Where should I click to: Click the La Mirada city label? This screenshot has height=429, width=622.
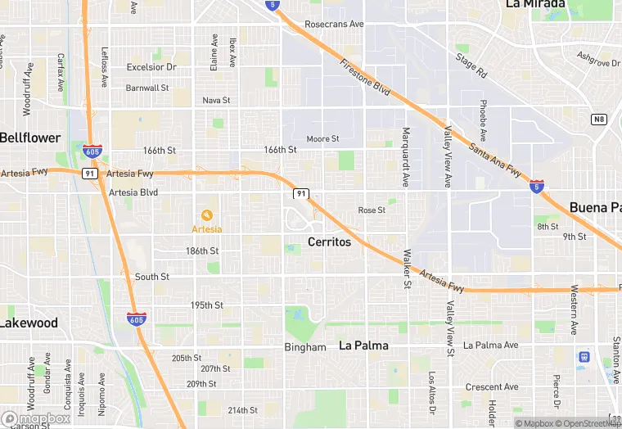(536, 4)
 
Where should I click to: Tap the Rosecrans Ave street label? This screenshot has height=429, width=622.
(334, 25)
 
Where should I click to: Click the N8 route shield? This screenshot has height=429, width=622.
(599, 120)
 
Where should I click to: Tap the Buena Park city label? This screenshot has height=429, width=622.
(595, 207)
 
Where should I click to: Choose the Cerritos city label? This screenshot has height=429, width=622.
(329, 242)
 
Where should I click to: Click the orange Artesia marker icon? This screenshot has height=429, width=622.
(207, 214)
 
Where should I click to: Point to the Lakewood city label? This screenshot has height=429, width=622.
(29, 323)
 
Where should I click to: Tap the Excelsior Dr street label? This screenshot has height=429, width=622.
(151, 67)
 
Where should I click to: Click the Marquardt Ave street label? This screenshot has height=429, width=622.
(405, 156)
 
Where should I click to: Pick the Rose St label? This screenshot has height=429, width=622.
(372, 210)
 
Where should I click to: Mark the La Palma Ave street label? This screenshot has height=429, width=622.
(491, 345)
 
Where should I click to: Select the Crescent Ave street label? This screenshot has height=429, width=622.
(492, 387)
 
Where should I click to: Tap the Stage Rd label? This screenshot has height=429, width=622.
(471, 65)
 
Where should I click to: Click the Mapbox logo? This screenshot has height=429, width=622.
(36, 418)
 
